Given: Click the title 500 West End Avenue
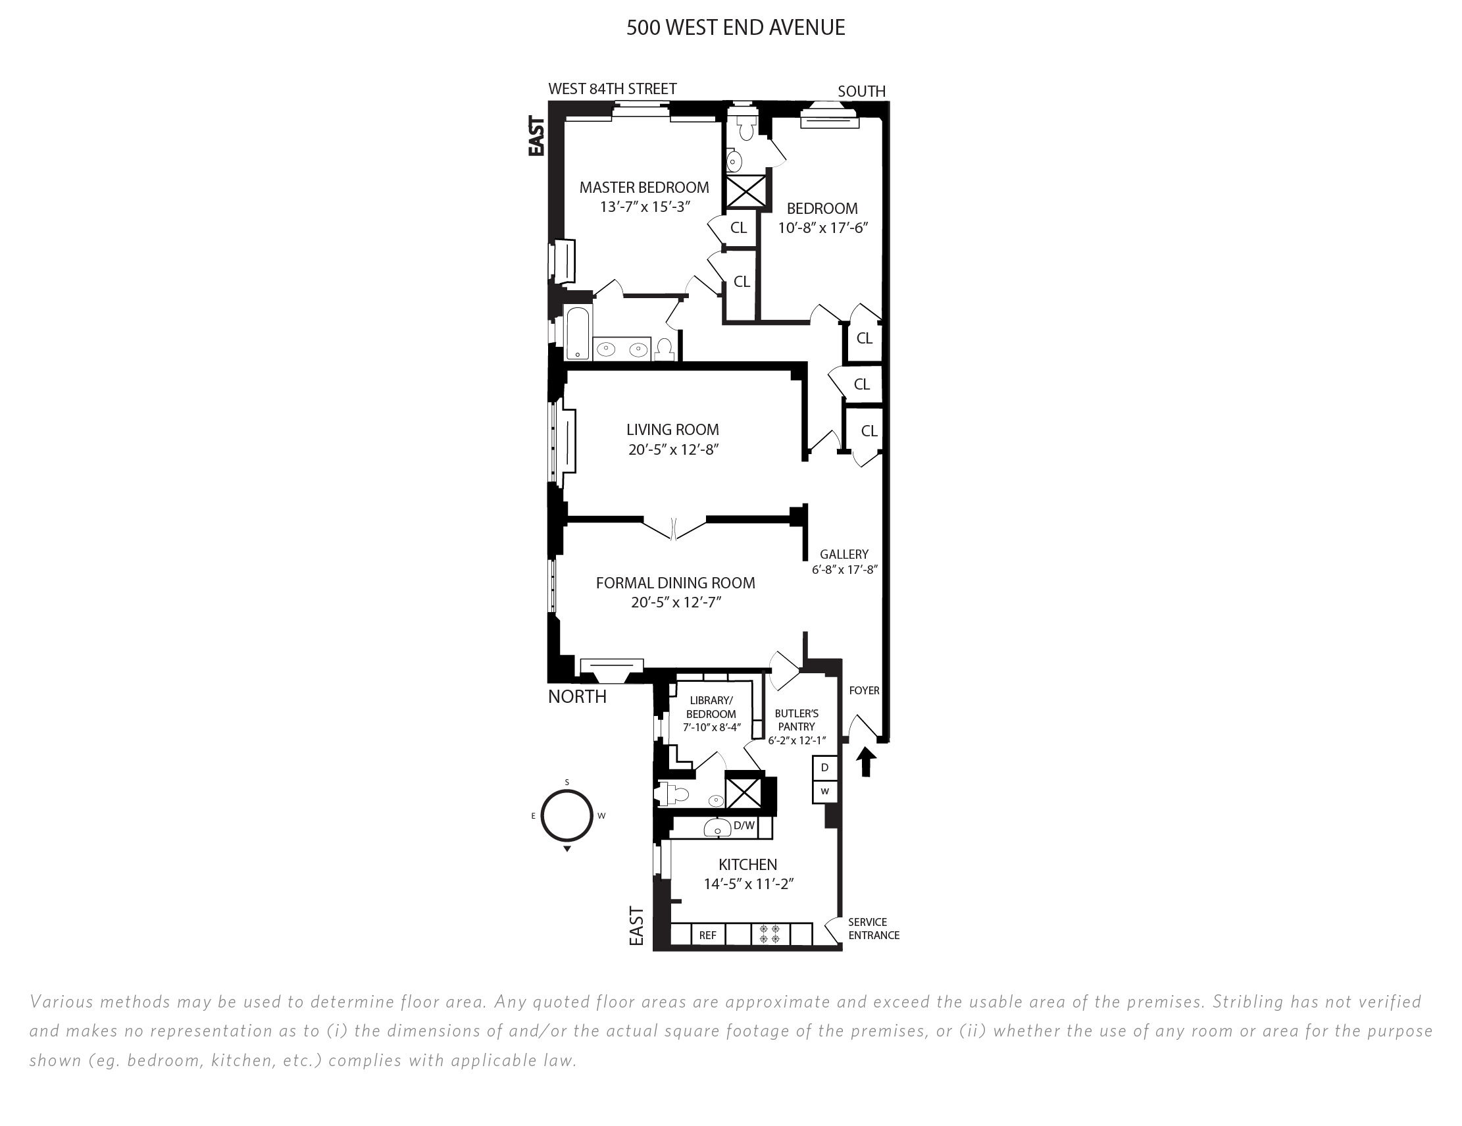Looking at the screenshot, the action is pos(736,28).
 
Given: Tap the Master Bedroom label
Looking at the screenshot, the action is pos(644,188).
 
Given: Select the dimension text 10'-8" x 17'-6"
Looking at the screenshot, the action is pos(822,228).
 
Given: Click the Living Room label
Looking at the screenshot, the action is pos(672,430).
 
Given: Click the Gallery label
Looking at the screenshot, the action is pos(844,554).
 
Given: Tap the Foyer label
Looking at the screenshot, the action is pos(864,690).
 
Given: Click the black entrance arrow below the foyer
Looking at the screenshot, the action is pos(867,762).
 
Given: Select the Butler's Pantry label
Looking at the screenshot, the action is pos(797,720).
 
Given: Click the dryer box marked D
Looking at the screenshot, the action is pos(824,768).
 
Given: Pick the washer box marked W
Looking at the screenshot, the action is pos(824,791).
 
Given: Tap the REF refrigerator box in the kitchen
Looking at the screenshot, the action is pos(707,935).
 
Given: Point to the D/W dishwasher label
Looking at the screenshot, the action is pos(744,825).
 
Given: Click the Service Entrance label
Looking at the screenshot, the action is pos(874,929).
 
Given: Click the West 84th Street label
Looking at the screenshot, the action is pos(613,88).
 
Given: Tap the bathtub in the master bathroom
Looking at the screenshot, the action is pos(578,333).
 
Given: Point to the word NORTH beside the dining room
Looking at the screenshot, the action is pos(577,697).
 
